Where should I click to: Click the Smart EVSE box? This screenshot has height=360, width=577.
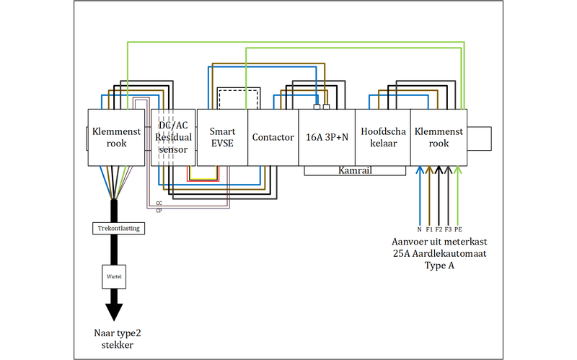(222, 137)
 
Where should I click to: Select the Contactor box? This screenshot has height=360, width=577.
(273, 137)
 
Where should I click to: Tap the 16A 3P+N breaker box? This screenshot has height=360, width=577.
(327, 137)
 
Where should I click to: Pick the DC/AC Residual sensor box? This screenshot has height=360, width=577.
(173, 137)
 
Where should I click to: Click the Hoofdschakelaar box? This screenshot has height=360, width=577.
(383, 137)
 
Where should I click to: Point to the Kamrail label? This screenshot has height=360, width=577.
(354, 170)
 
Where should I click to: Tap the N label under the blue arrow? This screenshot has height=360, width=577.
(419, 229)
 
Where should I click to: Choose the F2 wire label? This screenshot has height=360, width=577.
(439, 229)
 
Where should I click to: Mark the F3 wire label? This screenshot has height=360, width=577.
(448, 229)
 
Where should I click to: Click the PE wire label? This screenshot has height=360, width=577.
(458, 229)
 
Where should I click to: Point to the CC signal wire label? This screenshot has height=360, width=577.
(159, 203)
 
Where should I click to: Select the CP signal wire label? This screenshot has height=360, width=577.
(159, 210)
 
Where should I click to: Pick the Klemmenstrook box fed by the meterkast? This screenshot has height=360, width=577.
(439, 137)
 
